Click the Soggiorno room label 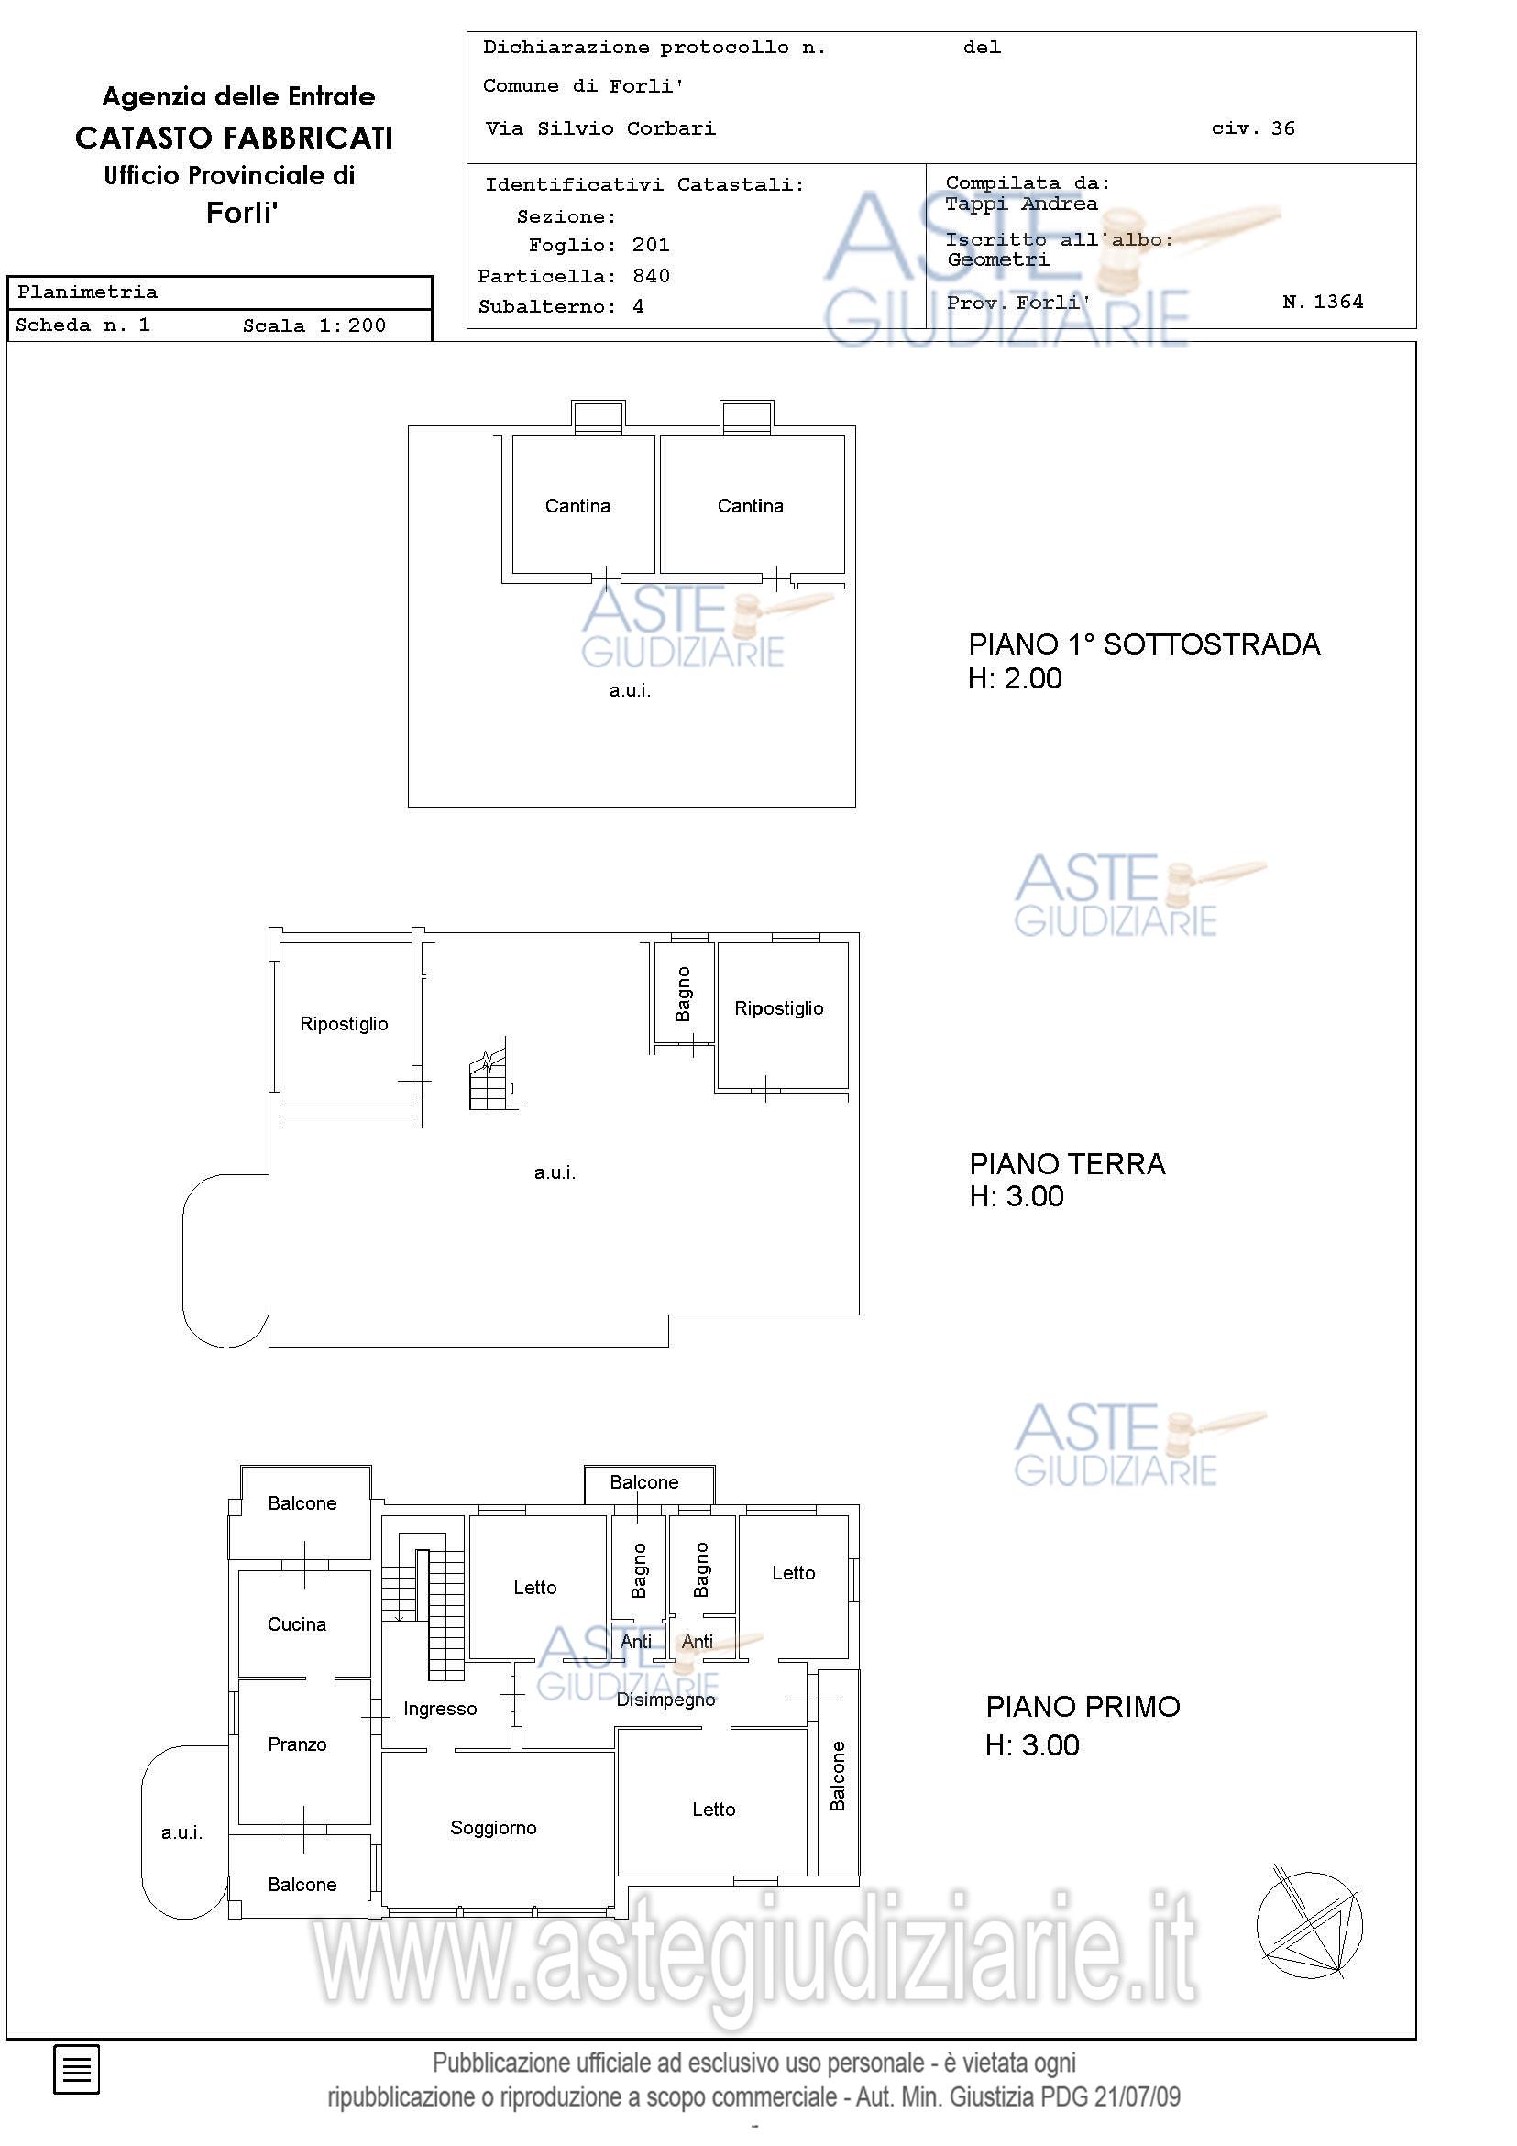[493, 1828]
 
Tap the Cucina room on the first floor [297, 1624]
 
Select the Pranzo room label [297, 1744]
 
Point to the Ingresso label [440, 1710]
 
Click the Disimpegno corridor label [665, 1700]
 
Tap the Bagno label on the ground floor [683, 994]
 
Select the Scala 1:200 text [314, 325]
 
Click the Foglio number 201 [651, 245]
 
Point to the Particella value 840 [651, 276]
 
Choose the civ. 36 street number [1253, 128]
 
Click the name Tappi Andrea [1021, 204]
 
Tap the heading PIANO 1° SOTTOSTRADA [1144, 644]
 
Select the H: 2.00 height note [1015, 678]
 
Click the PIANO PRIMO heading [1083, 1707]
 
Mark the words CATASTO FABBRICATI [234, 138]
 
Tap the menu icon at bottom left [76, 2069]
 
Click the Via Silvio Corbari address [600, 128]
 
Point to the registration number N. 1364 [1323, 301]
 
